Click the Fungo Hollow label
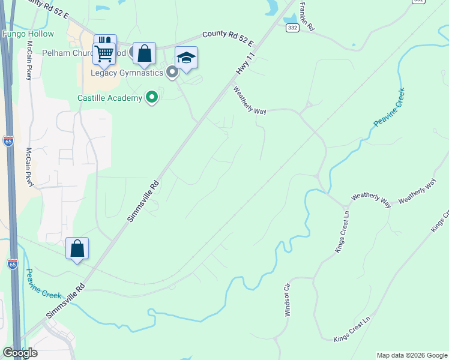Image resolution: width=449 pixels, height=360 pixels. (x=28, y=34)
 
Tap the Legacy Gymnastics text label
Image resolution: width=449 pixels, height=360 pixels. (x=127, y=73)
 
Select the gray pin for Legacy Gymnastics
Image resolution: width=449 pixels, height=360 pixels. (x=172, y=73)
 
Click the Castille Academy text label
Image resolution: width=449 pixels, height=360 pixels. (x=110, y=98)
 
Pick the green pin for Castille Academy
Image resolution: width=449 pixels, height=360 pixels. (x=152, y=97)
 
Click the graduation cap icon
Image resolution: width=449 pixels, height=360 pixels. (x=186, y=58)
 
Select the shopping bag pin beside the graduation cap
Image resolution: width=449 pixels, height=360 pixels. (x=144, y=54)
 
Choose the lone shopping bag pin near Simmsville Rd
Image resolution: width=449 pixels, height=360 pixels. (x=77, y=249)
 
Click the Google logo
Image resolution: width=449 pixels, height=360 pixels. (x=20, y=353)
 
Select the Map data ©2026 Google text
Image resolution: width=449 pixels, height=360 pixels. (x=412, y=355)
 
